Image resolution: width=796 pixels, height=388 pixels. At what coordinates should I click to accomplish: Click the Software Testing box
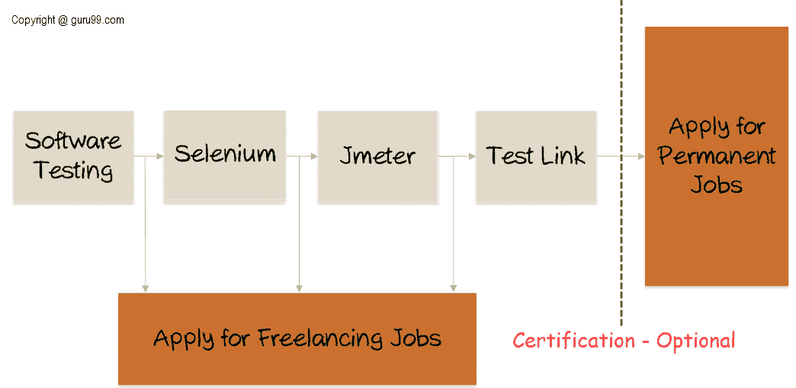pos(73,158)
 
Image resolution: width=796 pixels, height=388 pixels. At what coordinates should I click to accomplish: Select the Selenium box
pos(225,156)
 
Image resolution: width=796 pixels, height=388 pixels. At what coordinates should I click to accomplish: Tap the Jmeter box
pos(377,157)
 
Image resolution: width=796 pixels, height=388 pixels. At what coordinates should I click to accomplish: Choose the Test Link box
pos(536,157)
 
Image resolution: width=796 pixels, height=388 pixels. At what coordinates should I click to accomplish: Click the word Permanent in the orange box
pos(717,156)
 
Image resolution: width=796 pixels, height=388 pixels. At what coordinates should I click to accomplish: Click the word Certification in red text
pos(573,340)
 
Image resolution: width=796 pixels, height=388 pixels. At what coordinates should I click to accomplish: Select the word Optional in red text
pos(695,340)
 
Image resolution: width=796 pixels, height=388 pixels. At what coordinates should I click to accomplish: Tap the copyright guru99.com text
pos(68,21)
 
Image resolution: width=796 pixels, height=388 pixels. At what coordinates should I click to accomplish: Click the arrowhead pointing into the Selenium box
pos(160,156)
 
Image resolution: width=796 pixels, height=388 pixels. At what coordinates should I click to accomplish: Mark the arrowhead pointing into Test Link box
pos(473,156)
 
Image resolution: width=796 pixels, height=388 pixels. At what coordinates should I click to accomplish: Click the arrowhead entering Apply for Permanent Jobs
pos(641,156)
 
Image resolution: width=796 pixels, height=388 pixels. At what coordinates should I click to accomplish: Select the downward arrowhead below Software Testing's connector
pos(145,288)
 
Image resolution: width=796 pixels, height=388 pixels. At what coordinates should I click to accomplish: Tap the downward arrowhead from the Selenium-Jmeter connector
pos(299,288)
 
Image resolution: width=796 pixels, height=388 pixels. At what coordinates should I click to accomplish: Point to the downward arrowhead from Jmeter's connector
pos(454,288)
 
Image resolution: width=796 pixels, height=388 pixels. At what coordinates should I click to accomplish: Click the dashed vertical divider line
pos(621,162)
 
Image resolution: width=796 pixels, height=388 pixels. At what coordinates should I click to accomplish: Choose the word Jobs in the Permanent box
pos(717,185)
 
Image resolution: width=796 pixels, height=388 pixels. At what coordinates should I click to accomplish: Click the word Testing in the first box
pos(74,170)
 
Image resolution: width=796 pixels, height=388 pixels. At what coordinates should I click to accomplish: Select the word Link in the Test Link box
pos(563,155)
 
